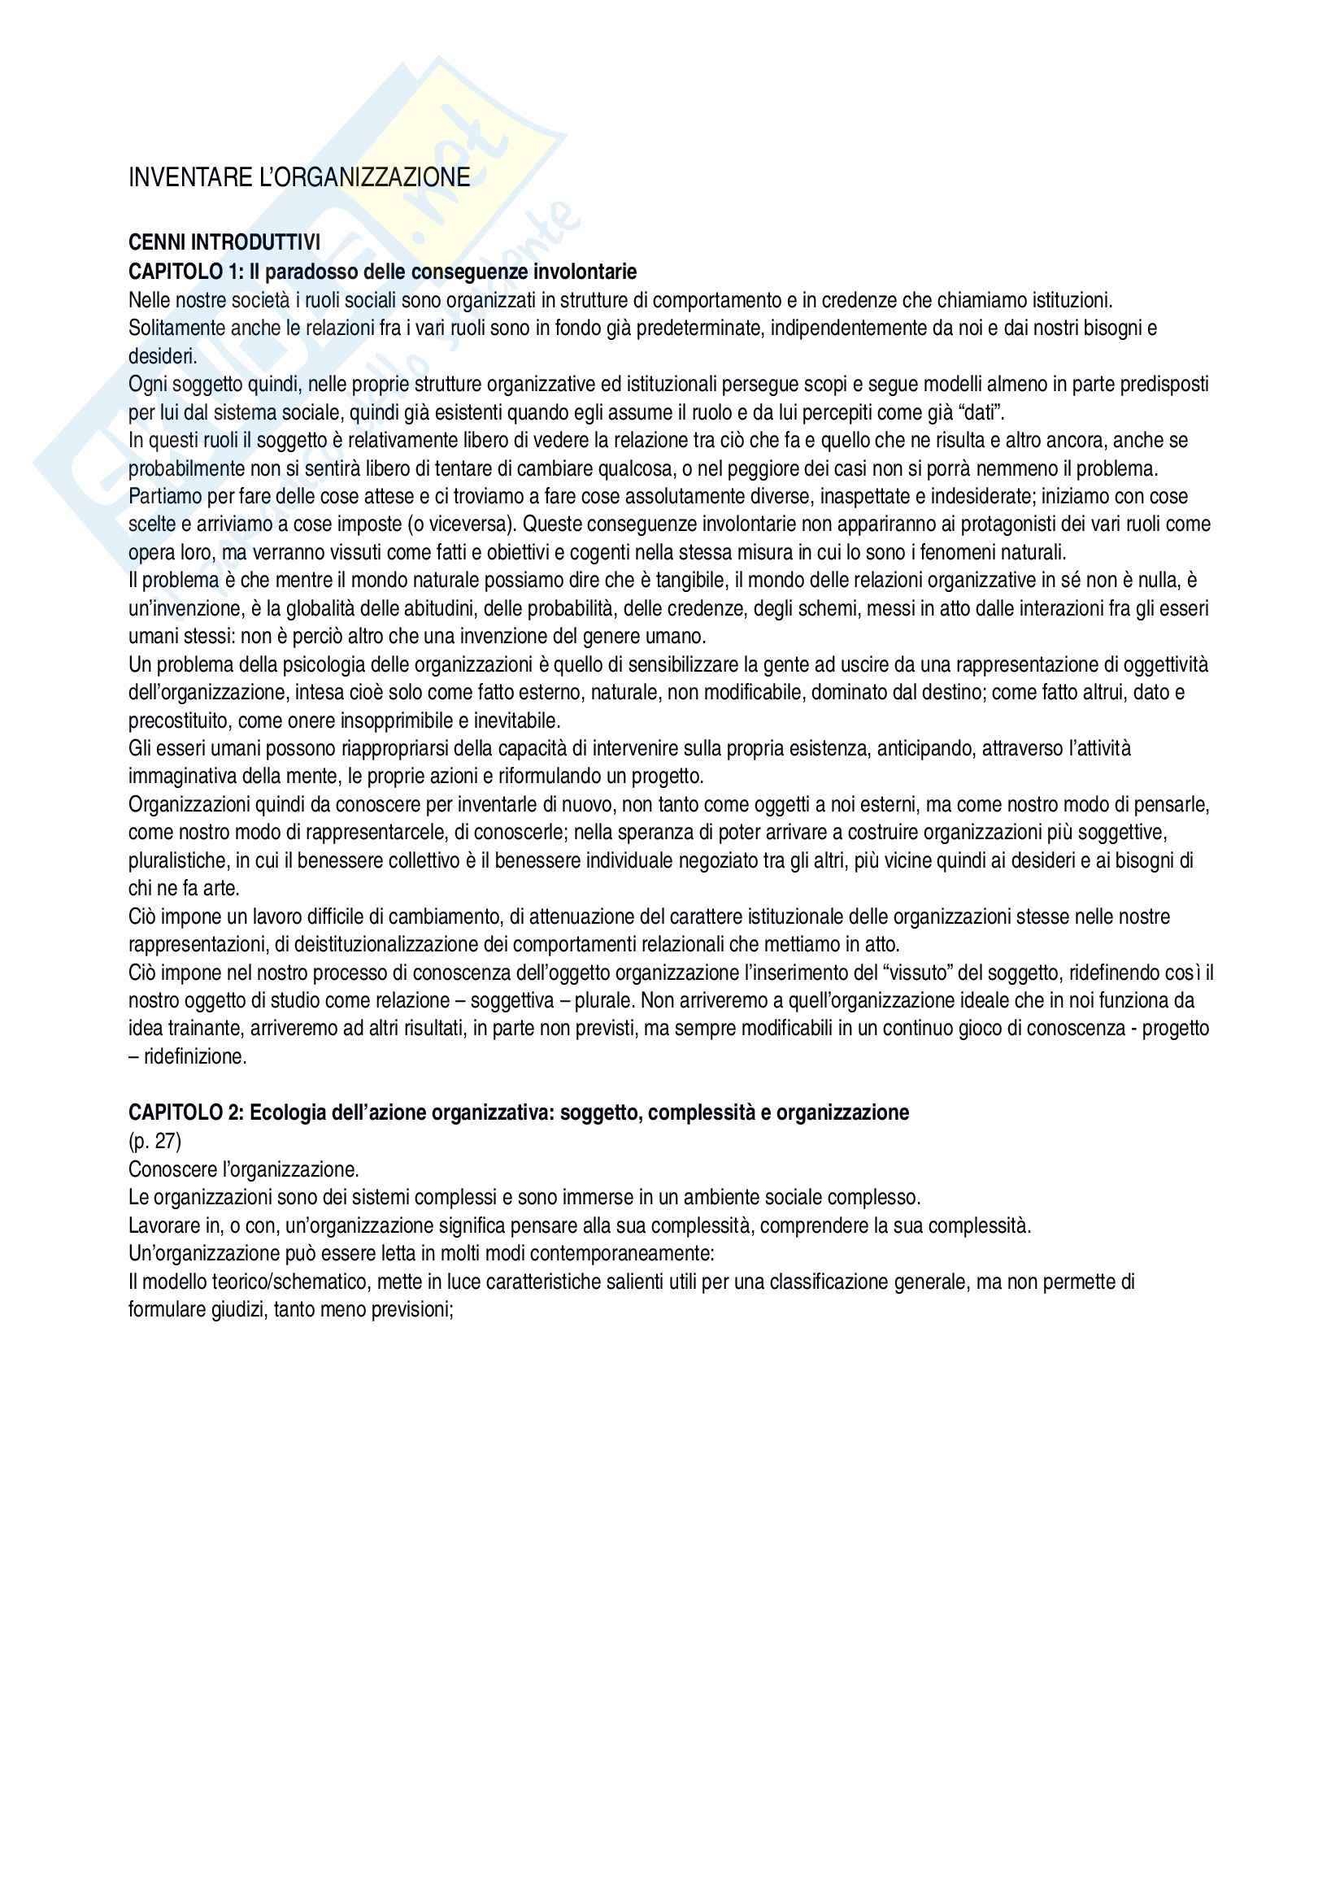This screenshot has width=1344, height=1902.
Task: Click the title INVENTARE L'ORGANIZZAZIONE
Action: pos(299,177)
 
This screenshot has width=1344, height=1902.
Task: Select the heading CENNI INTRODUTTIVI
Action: pos(224,242)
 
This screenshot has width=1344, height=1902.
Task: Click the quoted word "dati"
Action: pos(980,411)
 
